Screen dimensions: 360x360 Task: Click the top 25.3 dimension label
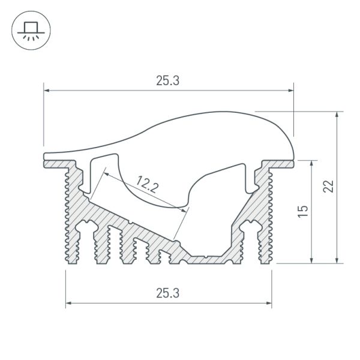[167, 81]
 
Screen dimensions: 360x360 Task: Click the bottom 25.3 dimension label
[167, 293]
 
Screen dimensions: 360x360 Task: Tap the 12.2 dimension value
[148, 184]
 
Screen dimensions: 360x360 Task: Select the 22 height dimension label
[329, 186]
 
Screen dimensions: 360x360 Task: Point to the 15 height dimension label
[303, 211]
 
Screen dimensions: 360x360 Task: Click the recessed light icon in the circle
[31, 31]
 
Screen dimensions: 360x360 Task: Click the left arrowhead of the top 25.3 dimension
[46, 91]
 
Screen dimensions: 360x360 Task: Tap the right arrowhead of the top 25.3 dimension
[291, 91]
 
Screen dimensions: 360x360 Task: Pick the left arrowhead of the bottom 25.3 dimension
[68, 303]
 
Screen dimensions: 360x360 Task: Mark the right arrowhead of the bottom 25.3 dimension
[269, 303]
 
